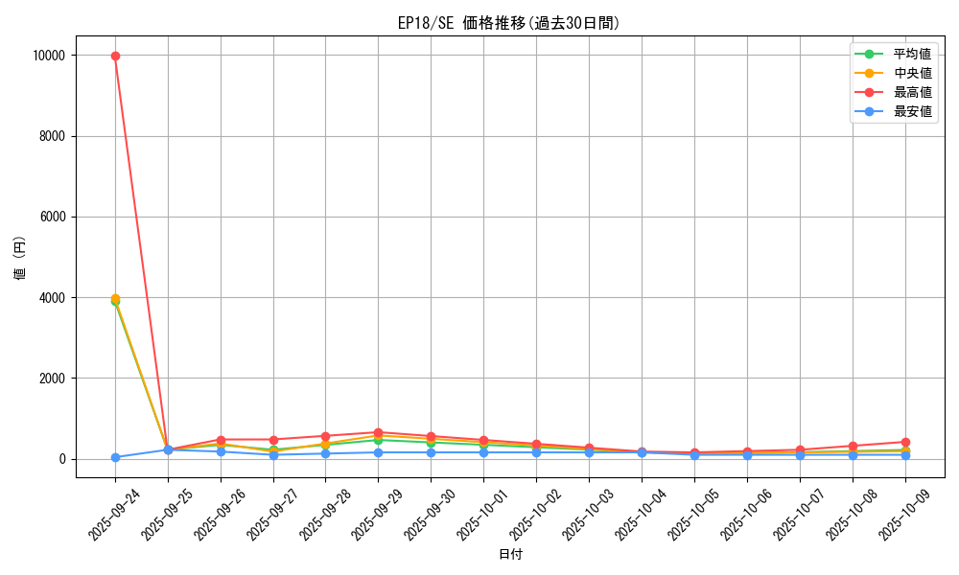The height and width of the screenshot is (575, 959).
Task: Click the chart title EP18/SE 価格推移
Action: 508,23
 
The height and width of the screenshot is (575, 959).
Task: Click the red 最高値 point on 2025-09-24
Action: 115,56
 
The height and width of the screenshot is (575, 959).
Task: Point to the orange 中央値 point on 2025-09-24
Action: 115,299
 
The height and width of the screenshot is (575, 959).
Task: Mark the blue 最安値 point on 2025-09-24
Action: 115,457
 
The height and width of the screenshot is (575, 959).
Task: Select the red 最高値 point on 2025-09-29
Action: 379,432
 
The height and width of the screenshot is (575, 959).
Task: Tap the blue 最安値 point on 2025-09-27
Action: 273,454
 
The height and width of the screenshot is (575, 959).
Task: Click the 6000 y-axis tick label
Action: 52,217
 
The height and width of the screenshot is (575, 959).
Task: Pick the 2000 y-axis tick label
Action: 52,379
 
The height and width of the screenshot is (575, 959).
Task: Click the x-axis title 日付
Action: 510,554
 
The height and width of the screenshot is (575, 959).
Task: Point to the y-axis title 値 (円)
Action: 20,259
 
